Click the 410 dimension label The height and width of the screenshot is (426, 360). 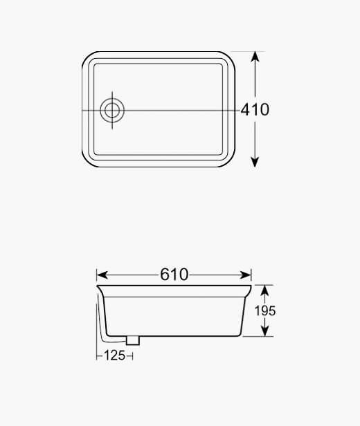tap(255, 109)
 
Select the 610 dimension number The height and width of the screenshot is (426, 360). tap(174, 275)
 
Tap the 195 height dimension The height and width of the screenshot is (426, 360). tap(265, 311)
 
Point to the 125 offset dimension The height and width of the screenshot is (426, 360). tap(114, 355)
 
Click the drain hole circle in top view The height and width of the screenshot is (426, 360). tap(112, 111)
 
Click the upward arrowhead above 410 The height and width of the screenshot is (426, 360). tap(255, 57)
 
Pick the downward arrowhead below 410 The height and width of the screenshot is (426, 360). tap(255, 162)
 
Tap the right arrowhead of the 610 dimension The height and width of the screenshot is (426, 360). tap(245, 275)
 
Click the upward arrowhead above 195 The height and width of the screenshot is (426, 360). tap(265, 290)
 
